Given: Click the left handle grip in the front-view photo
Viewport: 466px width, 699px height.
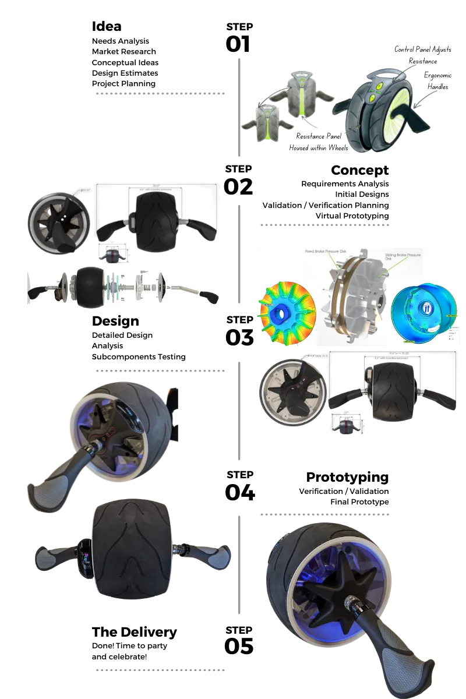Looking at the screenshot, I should (x=55, y=556).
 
